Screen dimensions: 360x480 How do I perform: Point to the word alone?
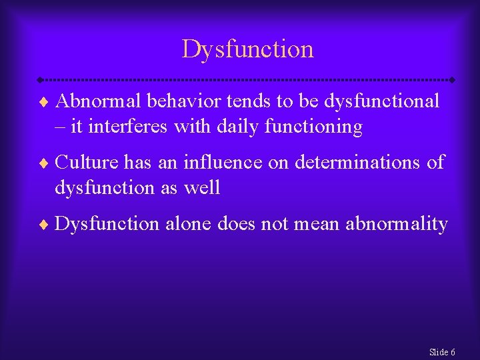pyautogui.click(x=190, y=224)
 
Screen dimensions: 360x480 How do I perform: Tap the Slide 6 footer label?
pyautogui.click(x=443, y=351)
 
